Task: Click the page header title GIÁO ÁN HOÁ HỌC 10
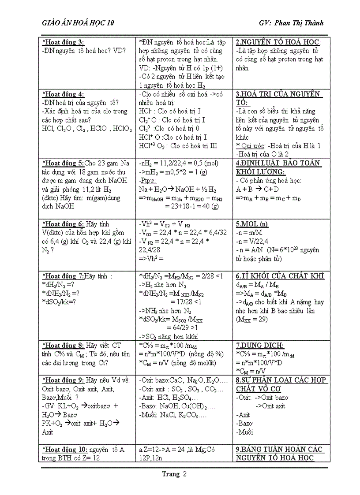coord(78,23)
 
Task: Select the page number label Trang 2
coord(174,474)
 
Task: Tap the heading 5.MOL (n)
coord(252,224)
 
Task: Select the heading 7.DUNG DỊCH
coord(260,346)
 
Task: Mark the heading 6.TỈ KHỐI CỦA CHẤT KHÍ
coord(281,276)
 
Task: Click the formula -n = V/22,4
coord(252,241)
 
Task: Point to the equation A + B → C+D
coord(257,189)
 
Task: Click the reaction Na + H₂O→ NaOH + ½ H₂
coord(177,189)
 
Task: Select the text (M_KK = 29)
coord(251,319)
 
